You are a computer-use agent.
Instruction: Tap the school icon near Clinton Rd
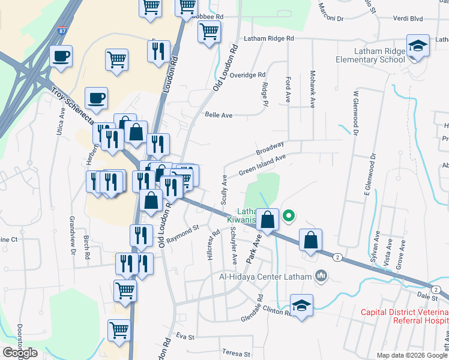(302, 304)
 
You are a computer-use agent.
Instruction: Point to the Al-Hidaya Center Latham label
(264, 277)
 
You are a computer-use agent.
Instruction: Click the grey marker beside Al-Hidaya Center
(321, 276)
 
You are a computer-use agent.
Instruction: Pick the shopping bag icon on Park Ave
(268, 220)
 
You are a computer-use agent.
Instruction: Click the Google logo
(20, 352)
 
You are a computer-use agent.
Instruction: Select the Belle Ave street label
(218, 115)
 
